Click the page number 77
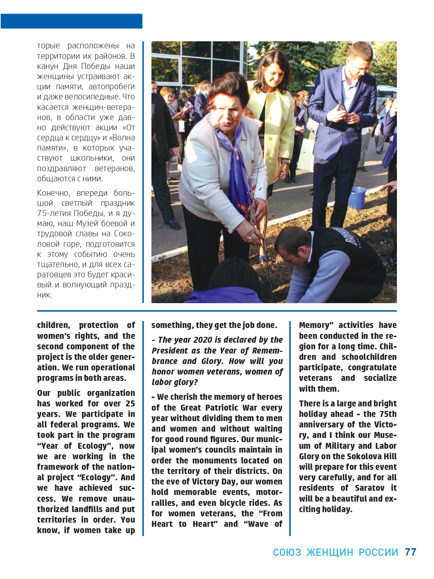(411, 552)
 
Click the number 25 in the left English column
(130, 404)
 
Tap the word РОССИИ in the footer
(378, 552)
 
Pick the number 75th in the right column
(388, 414)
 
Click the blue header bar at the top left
(71, 21)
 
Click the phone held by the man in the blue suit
(340, 106)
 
